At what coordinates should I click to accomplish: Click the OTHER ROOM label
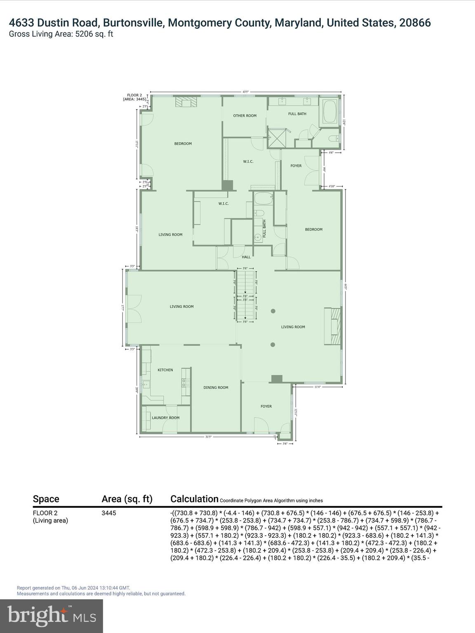pos(245,116)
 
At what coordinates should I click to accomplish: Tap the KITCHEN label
pos(165,370)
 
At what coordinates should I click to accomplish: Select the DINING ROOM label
pos(216,387)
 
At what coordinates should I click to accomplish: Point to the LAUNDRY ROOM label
pos(165,418)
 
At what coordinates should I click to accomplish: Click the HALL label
pos(246,257)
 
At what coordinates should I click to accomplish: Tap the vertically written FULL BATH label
pos(264,229)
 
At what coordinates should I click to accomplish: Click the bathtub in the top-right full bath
pos(329,111)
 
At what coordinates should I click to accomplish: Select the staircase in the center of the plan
pos(246,295)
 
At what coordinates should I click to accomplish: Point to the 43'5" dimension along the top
pos(246,92)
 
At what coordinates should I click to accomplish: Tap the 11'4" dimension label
pos(318,387)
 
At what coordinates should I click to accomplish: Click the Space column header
pos(46,499)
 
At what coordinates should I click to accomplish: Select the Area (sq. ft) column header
pos(127,499)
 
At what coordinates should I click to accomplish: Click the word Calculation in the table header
pos(194,499)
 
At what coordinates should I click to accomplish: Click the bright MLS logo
pos(52,616)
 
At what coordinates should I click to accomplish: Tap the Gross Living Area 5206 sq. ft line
pos(61,34)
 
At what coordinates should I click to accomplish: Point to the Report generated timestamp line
pos(73,588)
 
